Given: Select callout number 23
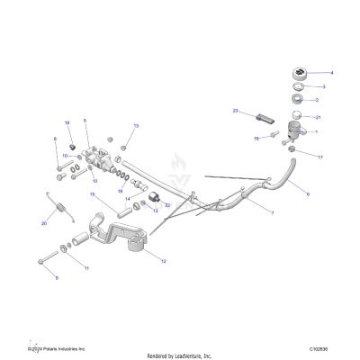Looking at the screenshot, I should coord(235,111).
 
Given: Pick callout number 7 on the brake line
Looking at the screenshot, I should coord(274,212).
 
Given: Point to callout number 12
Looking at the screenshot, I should coord(163,261).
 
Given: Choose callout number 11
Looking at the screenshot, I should coord(86,268).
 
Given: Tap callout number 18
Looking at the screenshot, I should coord(256,139).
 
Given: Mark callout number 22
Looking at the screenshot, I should coord(167,204).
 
